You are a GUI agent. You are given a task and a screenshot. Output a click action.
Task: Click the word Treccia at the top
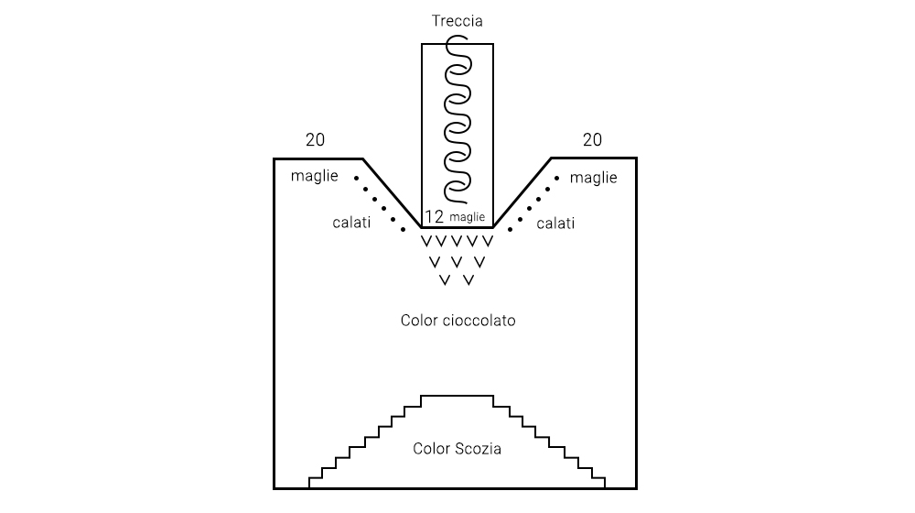click(x=457, y=21)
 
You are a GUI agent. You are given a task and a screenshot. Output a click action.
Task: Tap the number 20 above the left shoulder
click(x=315, y=139)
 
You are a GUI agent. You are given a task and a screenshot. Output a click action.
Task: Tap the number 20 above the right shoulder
click(x=592, y=139)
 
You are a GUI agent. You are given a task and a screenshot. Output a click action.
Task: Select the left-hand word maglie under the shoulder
click(x=315, y=176)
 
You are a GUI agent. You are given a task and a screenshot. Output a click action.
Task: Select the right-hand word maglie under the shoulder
click(x=594, y=178)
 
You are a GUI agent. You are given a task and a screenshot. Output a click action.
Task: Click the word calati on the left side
click(x=351, y=223)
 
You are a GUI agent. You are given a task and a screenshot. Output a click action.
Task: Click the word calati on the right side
click(x=555, y=224)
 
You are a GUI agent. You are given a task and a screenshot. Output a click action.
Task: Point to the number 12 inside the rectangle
click(x=434, y=217)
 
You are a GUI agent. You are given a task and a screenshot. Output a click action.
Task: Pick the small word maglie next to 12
click(x=468, y=217)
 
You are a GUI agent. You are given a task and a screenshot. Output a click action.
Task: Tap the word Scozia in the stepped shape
click(x=478, y=449)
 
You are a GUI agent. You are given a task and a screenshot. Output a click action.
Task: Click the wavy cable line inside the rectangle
click(x=457, y=120)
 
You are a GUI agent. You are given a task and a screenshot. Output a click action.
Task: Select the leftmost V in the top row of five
click(x=426, y=241)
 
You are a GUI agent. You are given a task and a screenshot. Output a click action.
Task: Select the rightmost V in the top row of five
click(x=488, y=241)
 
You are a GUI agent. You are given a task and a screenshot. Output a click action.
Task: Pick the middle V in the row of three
click(x=457, y=262)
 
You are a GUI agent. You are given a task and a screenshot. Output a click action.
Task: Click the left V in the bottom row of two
click(x=446, y=280)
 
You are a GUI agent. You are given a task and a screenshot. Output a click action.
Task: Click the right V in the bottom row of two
click(x=468, y=280)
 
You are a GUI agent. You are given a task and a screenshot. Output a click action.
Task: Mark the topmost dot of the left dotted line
click(x=357, y=179)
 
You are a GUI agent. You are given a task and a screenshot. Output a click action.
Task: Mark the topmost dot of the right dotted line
click(x=557, y=179)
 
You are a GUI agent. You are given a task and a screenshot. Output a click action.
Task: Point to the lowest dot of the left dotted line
click(x=404, y=230)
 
